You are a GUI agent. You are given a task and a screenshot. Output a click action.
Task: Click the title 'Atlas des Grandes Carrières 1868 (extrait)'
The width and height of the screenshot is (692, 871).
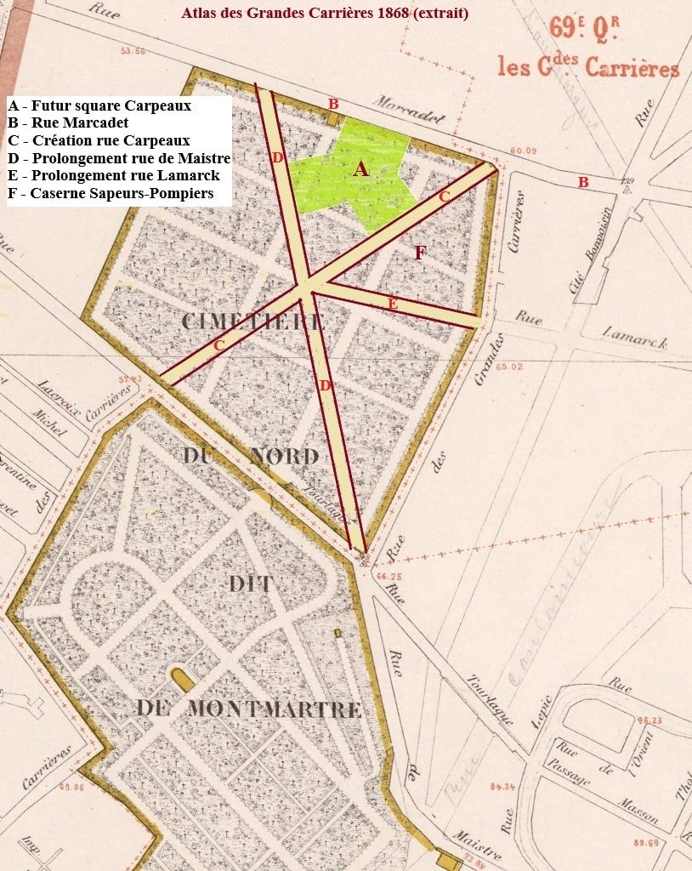325,14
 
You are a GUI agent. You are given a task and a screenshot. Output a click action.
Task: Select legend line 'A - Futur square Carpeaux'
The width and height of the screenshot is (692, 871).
99,106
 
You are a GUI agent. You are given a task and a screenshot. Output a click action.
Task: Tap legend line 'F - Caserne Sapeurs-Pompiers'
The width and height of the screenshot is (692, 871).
110,194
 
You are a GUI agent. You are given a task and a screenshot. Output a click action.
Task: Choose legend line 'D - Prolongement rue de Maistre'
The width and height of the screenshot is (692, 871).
119,158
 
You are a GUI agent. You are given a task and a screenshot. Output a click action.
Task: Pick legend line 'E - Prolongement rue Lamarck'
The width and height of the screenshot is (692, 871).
114,176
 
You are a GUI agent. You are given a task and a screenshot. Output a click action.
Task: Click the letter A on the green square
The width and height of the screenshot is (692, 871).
361,170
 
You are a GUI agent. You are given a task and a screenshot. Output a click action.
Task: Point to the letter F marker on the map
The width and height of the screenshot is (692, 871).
419,253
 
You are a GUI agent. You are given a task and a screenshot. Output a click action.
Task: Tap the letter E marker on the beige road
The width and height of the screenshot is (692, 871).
392,304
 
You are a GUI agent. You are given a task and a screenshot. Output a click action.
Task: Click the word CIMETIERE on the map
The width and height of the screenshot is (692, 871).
253,322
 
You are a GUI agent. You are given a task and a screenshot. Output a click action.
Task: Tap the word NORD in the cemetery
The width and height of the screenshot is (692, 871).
284,457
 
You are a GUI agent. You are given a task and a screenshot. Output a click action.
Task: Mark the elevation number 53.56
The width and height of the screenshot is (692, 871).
133,51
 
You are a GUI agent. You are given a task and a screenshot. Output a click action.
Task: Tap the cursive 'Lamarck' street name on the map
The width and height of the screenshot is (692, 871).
634,337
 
